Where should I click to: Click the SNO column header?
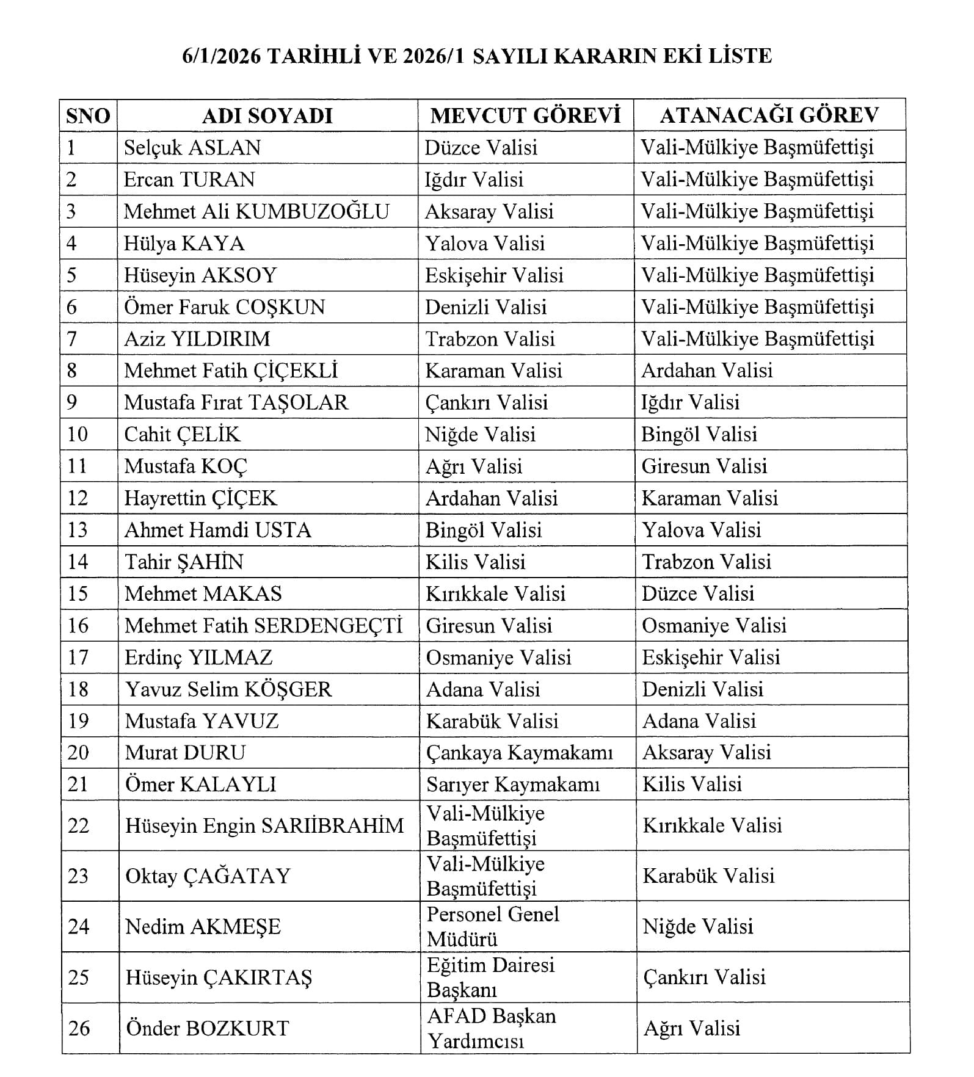tap(88, 116)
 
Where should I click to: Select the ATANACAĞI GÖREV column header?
tap(769, 115)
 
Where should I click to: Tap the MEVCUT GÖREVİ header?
tap(525, 115)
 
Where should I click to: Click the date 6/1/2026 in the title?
tap(222, 56)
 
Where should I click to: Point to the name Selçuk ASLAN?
tap(192, 148)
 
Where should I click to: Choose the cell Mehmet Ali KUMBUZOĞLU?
tap(256, 211)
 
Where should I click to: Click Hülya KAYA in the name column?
tap(184, 244)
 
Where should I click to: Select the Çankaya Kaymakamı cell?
tap(519, 753)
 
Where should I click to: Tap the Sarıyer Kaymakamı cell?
tap(513, 785)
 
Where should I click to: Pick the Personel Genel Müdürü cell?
tap(493, 926)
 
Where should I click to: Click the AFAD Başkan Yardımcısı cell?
tap(492, 1028)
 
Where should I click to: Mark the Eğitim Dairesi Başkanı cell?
tap(490, 977)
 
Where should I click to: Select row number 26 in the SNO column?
tap(79, 1028)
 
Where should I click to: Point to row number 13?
tap(78, 530)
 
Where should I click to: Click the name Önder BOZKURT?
tap(207, 1028)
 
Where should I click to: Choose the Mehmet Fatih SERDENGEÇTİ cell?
tap(264, 626)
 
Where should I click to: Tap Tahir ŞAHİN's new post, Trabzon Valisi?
tap(707, 562)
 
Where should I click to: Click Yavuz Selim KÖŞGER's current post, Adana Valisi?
tap(483, 689)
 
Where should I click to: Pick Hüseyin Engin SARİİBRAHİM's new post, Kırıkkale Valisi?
tap(712, 825)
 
